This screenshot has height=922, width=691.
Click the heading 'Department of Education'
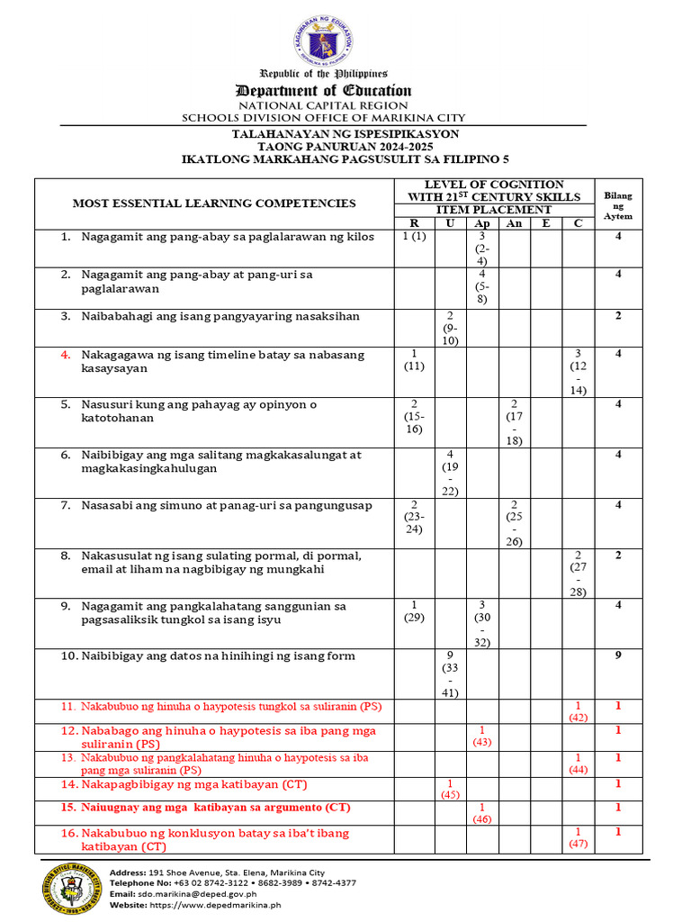pos(323,90)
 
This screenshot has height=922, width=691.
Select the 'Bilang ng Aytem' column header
pos(617,206)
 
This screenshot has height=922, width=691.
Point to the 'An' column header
pos(514,223)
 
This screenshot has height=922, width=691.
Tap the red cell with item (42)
pos(579,711)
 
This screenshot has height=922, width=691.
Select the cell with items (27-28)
pos(579,574)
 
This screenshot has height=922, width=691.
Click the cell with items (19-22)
pos(449,473)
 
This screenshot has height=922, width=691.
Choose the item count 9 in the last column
pos(618,655)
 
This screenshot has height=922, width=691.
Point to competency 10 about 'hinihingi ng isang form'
pos(208,656)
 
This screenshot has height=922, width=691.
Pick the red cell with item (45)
pos(449,790)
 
